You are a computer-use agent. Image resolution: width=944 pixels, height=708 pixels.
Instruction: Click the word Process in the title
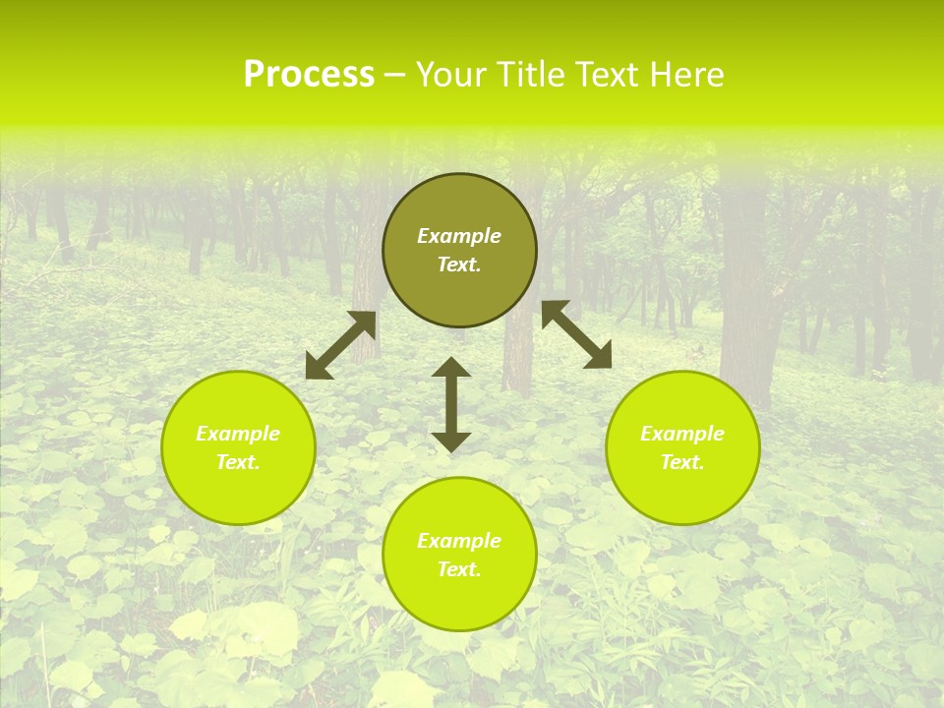(x=309, y=75)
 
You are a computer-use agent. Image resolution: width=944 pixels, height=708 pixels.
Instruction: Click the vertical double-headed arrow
(x=451, y=404)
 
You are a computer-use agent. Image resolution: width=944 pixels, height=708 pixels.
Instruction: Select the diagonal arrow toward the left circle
(x=341, y=345)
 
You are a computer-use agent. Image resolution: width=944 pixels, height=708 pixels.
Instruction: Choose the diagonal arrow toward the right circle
(x=576, y=334)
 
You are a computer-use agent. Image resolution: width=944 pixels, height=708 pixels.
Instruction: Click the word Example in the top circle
(x=459, y=236)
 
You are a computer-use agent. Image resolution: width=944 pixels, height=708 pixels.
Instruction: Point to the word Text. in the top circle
(x=459, y=265)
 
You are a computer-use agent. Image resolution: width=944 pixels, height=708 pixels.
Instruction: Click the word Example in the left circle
(x=238, y=434)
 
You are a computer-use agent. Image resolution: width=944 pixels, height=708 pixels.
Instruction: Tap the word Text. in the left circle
(x=238, y=462)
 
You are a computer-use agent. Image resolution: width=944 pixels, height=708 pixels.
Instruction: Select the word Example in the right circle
(x=682, y=434)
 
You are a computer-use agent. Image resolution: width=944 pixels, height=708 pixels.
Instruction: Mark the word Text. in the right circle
(x=682, y=462)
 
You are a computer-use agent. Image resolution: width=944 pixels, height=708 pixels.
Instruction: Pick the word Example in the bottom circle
(x=459, y=541)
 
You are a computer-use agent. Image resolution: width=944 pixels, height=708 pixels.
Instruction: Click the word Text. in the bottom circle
(x=459, y=569)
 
